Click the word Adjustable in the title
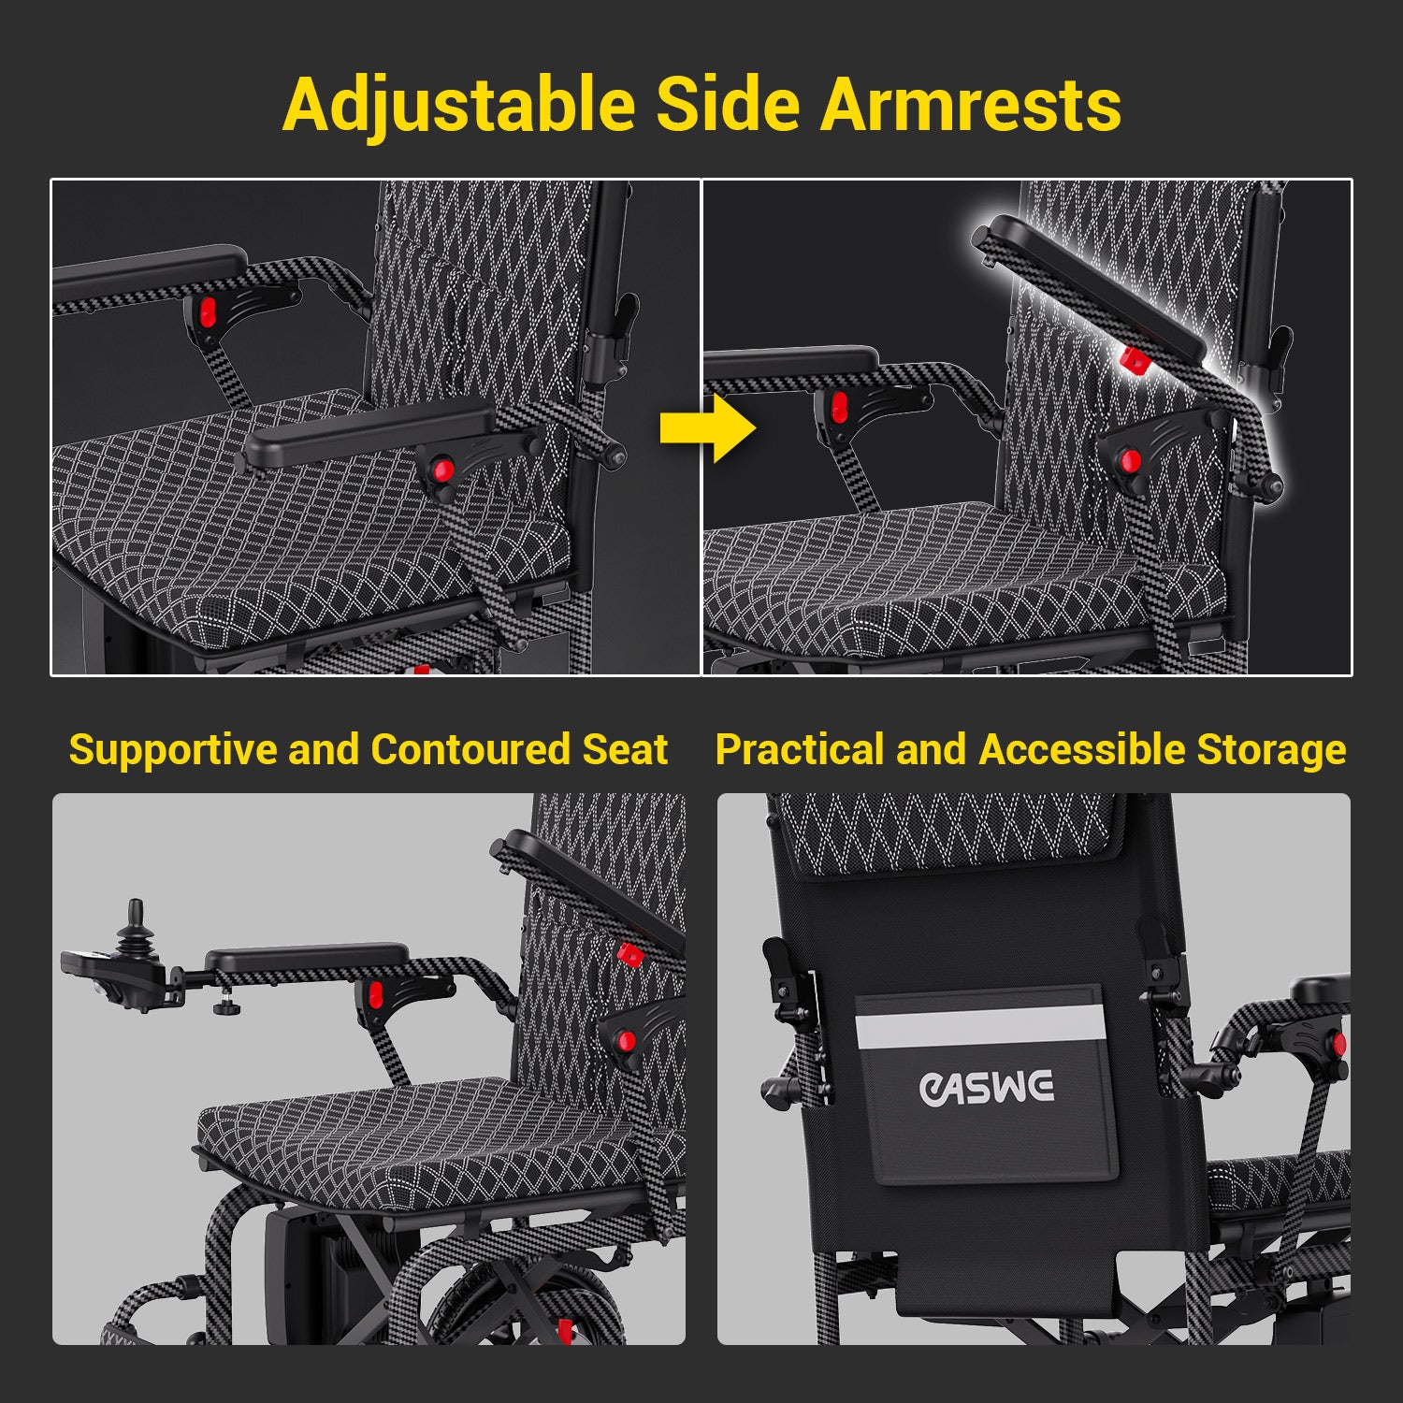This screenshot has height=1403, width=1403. (x=459, y=105)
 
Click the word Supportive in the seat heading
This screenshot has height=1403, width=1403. (x=173, y=751)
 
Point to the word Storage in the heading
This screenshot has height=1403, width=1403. (x=1272, y=751)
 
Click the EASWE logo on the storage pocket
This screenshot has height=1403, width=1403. (x=987, y=1088)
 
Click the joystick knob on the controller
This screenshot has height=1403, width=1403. (x=136, y=913)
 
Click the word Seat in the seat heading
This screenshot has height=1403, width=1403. (x=625, y=749)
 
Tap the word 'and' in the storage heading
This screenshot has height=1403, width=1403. (x=932, y=749)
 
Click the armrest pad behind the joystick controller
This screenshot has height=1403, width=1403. (x=307, y=959)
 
